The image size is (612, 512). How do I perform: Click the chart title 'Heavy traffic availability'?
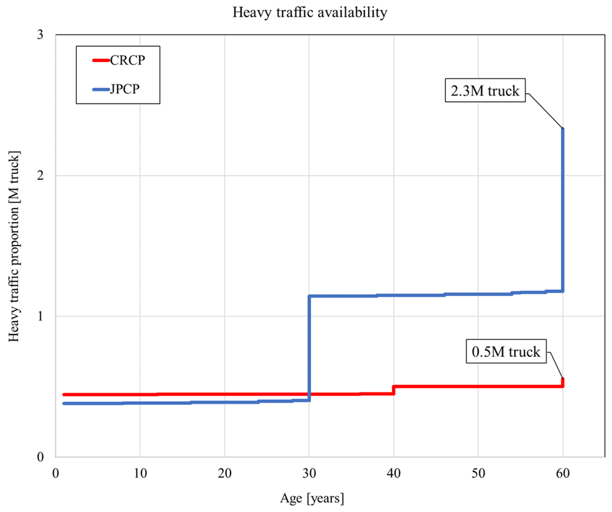tap(310, 13)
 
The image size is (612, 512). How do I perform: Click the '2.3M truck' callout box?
tap(485, 91)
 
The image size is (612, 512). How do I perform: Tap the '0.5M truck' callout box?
tap(506, 351)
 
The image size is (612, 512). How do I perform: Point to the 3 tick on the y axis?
tap(40, 35)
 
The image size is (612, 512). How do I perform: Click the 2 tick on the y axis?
tap(40, 176)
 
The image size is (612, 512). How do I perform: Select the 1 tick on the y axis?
tap(40, 316)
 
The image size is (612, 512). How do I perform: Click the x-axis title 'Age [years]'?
tap(312, 498)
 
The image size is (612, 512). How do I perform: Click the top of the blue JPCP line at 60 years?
tap(563, 129)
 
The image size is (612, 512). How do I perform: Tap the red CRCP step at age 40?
tap(394, 390)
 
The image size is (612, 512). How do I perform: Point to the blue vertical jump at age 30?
tap(309, 349)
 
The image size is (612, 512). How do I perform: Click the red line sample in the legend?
tap(101, 60)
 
